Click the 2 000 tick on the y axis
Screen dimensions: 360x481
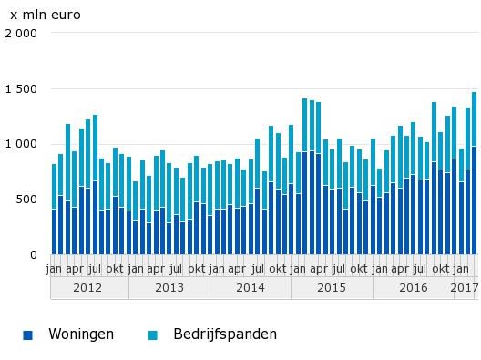pyautogui.click(x=19, y=34)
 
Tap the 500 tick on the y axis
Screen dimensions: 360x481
pyautogui.click(x=26, y=200)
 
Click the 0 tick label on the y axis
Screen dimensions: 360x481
pyautogui.click(x=34, y=254)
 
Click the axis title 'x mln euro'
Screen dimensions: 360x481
pyautogui.click(x=45, y=15)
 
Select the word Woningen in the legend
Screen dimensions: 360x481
pyautogui.click(x=81, y=334)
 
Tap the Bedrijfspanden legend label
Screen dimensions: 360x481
pyautogui.click(x=212, y=334)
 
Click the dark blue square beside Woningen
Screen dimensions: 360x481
pyautogui.click(x=28, y=335)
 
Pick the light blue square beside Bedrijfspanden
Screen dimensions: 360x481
pyautogui.click(x=153, y=335)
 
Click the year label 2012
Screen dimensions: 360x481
pyautogui.click(x=88, y=287)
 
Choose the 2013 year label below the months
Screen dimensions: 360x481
pyautogui.click(x=169, y=287)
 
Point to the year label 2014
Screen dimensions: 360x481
pyautogui.click(x=250, y=287)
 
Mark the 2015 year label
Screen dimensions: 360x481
pyautogui.click(x=331, y=287)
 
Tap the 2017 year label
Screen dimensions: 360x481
pyautogui.click(x=465, y=287)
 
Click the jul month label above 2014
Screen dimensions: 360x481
pyautogui.click(x=257, y=269)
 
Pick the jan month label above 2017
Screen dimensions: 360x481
pyautogui.click(x=461, y=269)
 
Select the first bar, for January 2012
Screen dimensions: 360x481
pyautogui.click(x=54, y=209)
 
